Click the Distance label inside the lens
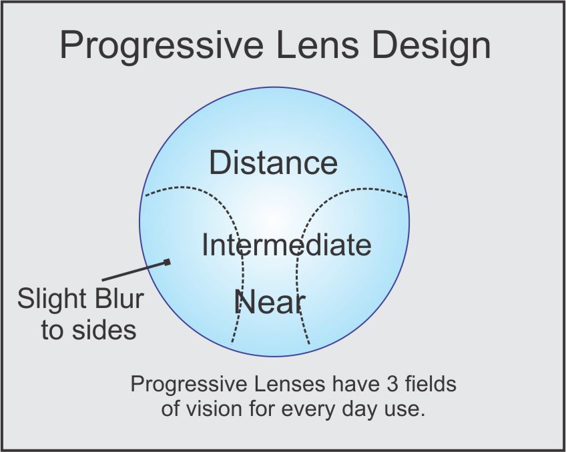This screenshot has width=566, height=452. click(273, 163)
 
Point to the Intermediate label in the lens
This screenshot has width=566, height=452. click(286, 245)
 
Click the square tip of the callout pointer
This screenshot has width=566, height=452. click(167, 262)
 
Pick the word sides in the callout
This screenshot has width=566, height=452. click(104, 329)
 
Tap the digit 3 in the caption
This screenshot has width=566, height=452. click(392, 384)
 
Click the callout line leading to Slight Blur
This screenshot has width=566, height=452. click(134, 271)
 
